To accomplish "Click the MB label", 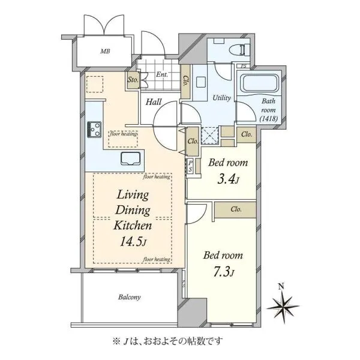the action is pos(105,51).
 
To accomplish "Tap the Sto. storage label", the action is pos(133,80).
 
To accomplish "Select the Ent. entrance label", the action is pos(162,74).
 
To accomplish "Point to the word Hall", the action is pos(154,102).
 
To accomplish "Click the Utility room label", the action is pos(221,98).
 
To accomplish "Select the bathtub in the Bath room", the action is pos(260,82).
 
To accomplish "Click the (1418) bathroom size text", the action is pos(269,119).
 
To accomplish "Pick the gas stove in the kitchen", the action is pos(94,130).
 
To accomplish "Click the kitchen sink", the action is pos(130,158).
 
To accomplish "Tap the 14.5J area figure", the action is pos(133,242).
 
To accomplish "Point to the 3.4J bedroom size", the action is pos(228,179).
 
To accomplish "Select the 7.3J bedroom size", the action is pos(223,272).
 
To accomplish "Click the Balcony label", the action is pos(129,297).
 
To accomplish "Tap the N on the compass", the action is pos(281,286).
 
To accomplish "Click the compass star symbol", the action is pos(283,307).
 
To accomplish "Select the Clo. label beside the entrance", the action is pos(185,81).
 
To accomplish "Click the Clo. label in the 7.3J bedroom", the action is pos(236,209).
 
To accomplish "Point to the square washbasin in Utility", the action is pos(201,82).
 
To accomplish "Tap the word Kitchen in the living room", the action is pos(133,226).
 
